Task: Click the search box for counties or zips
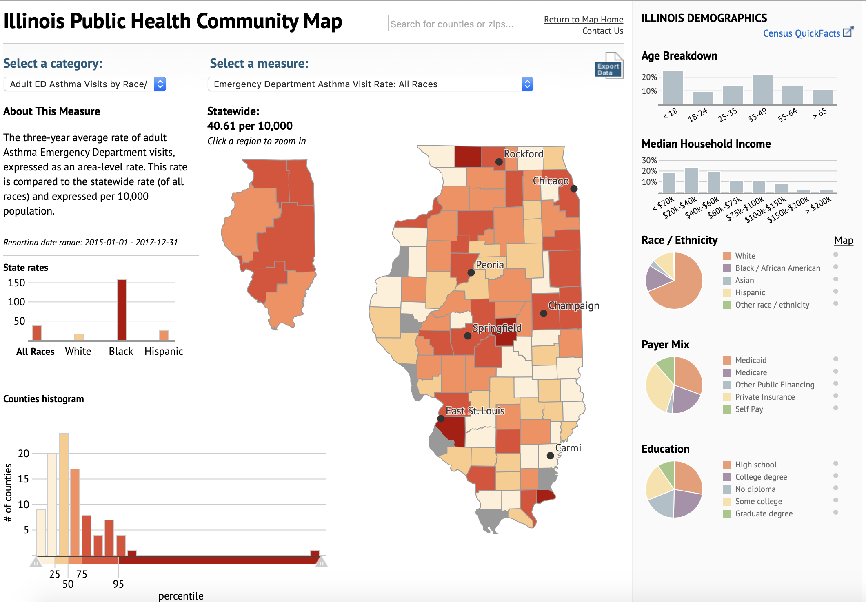coord(451,24)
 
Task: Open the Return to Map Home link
coord(583,19)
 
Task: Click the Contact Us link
coord(602,31)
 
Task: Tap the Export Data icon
coord(608,66)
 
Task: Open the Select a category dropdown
coord(84,84)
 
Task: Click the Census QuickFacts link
coord(801,33)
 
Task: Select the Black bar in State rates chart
coord(121,310)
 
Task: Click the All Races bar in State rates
coord(37,333)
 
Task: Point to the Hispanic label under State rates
coord(164,351)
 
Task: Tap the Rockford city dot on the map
coord(499,162)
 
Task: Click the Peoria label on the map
coord(489,265)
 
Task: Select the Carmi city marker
coord(550,456)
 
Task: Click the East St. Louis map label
coord(475,411)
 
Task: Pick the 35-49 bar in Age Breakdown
coord(762,90)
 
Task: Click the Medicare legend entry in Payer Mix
coord(751,372)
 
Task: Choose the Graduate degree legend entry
coord(763,513)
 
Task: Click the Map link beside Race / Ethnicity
coord(843,241)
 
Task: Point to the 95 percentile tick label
coord(118,584)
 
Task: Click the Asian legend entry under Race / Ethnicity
coord(744,280)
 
